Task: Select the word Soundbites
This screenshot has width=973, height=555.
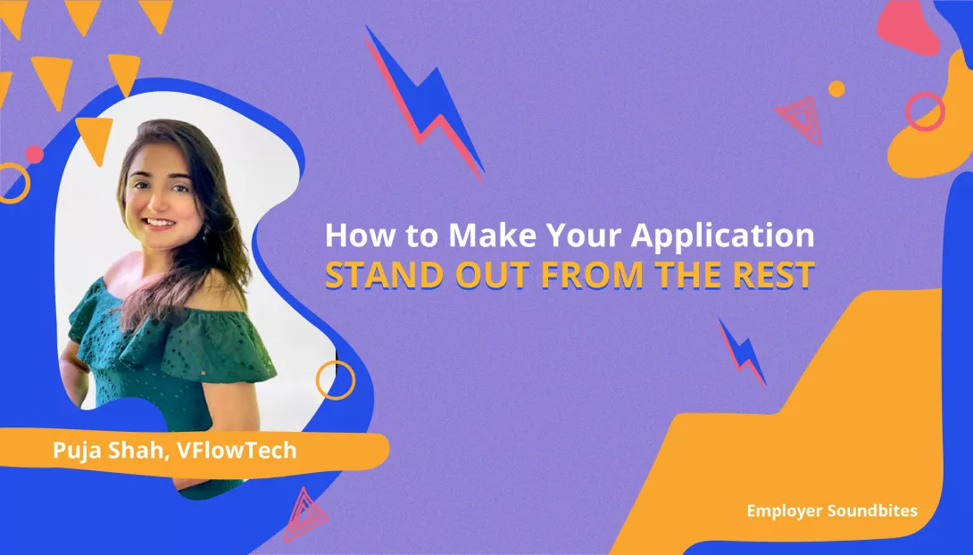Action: [873, 511]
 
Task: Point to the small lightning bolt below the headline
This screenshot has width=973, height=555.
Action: [743, 352]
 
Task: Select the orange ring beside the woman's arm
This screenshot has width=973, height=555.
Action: [336, 380]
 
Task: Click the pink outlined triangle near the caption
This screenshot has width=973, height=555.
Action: [304, 515]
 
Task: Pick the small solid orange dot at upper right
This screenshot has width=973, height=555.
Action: [836, 88]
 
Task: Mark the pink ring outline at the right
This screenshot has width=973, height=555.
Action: [925, 112]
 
